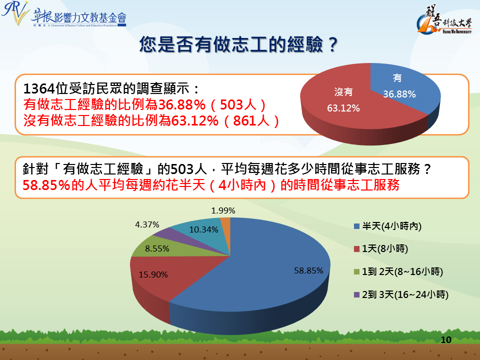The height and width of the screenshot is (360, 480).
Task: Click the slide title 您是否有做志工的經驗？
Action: coord(239,44)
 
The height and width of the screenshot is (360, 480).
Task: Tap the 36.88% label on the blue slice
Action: coord(399,94)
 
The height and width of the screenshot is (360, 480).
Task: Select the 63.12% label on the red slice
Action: coord(343,108)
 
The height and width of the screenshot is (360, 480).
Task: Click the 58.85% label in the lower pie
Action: coord(308,270)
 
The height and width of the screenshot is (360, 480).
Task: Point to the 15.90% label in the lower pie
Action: coord(153,274)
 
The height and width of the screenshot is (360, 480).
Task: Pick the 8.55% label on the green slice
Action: coord(157,248)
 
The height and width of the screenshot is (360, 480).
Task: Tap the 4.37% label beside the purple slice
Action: coord(147,224)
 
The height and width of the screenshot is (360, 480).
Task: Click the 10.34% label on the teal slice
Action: coord(203,229)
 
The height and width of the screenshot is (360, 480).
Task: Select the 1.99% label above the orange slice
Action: coord(223,210)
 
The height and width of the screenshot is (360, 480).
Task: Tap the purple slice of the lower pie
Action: coord(171,236)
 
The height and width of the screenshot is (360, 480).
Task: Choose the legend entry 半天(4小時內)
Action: coord(388,226)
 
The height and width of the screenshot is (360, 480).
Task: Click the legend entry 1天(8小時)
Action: coord(381,248)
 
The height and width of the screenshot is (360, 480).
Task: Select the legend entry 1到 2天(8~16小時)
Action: coord(398,271)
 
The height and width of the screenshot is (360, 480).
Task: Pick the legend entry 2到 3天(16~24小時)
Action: coord(401,294)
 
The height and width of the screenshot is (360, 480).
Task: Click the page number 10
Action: coord(446,340)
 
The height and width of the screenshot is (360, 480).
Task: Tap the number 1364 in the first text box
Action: coord(39,89)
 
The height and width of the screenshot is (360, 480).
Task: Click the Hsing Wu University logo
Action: coord(444,19)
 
